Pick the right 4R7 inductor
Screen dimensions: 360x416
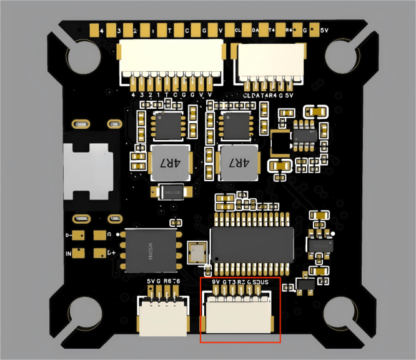click(x=239, y=163)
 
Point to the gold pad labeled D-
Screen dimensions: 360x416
click(x=78, y=236)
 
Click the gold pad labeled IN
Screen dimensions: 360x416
click(x=78, y=253)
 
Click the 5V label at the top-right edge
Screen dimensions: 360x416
click(x=324, y=29)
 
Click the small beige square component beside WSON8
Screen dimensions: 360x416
click(x=198, y=252)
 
